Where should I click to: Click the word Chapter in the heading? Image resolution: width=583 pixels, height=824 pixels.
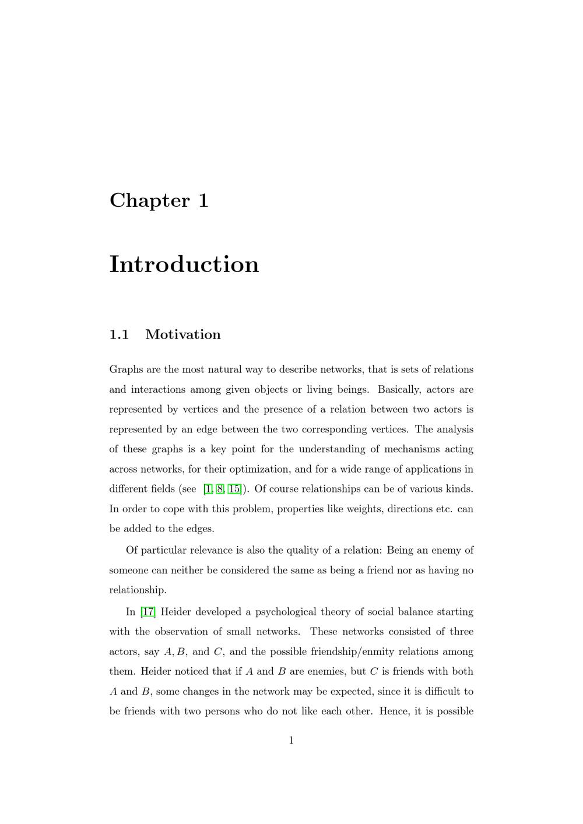point(149,200)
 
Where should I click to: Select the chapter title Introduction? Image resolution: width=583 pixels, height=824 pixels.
point(184,264)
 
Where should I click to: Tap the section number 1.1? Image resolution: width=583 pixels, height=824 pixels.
point(119,334)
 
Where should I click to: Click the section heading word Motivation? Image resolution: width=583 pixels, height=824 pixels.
point(183,334)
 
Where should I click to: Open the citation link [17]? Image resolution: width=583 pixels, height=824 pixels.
point(148,612)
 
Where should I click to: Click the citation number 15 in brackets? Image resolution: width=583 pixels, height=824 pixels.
point(234,489)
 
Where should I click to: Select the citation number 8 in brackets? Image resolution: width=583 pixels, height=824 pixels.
point(220,489)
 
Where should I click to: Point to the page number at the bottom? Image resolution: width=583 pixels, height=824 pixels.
point(291,741)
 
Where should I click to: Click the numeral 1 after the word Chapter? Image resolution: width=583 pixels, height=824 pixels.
point(203,200)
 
